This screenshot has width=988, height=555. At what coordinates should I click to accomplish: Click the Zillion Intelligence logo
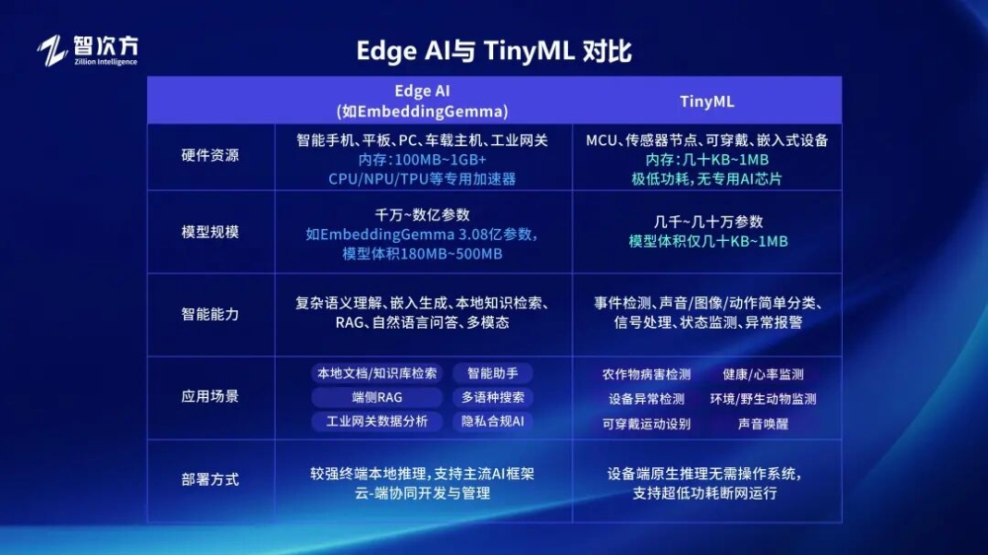[x=88, y=50]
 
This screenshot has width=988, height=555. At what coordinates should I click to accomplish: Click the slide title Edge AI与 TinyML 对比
[x=494, y=51]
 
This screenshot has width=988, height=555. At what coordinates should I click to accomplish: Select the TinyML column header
[x=707, y=102]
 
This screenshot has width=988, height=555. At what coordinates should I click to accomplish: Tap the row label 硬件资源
[x=209, y=156]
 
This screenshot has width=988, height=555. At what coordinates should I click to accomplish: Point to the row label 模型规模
[x=209, y=232]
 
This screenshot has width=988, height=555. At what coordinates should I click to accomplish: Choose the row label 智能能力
[x=209, y=314]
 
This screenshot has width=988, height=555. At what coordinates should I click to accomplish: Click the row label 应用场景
[x=209, y=396]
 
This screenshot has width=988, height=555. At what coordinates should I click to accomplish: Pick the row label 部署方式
[x=209, y=479]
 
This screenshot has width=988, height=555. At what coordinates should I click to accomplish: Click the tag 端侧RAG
[x=376, y=398]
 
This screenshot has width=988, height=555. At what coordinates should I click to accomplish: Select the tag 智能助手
[x=493, y=373]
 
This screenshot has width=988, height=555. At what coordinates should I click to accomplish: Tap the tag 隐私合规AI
[x=493, y=422]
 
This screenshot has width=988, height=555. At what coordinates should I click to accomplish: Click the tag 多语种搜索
[x=493, y=398]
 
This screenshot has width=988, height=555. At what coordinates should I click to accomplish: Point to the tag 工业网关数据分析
[x=376, y=422]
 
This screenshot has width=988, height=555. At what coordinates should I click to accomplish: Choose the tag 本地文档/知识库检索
[x=376, y=373]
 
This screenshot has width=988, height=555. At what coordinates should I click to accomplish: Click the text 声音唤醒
[x=763, y=424]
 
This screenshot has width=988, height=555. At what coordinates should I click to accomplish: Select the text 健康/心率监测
[x=763, y=375]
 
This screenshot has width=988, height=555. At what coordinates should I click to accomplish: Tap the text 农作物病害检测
[x=646, y=375]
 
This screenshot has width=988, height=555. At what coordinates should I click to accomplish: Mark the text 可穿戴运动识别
[x=646, y=424]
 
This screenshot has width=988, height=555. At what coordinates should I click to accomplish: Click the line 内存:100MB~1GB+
[x=422, y=160]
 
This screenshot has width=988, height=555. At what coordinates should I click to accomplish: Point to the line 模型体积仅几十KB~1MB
[x=708, y=241]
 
